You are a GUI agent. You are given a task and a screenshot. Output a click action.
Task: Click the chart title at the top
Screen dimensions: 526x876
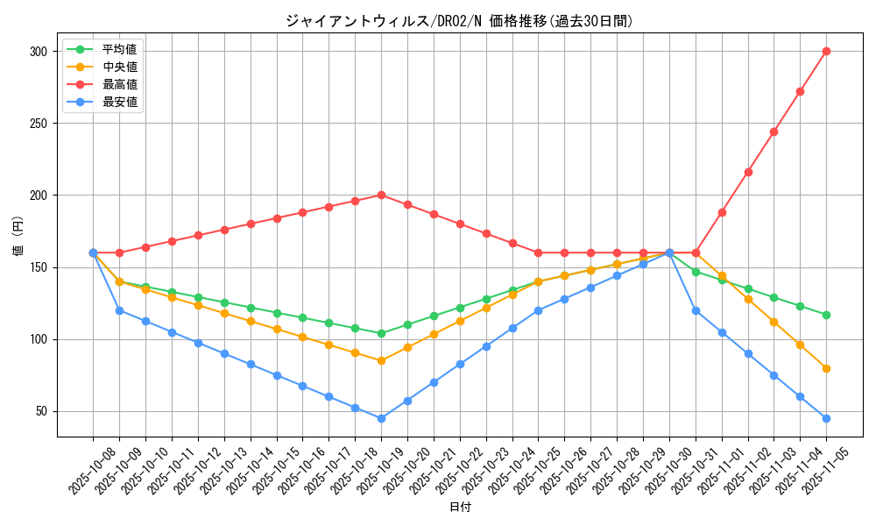click(459, 21)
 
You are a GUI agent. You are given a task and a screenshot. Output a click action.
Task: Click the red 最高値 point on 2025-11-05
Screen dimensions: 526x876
click(826, 51)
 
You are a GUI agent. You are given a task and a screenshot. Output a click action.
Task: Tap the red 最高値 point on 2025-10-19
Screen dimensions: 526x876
click(381, 195)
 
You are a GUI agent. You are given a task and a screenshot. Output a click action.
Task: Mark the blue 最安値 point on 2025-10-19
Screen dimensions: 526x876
click(381, 418)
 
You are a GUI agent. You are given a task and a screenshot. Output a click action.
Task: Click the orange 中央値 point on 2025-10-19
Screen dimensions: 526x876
click(381, 360)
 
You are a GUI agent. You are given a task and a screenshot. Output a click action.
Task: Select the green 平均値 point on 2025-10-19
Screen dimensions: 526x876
click(381, 333)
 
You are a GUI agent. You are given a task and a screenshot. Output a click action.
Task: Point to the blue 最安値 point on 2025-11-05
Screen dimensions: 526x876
click(826, 418)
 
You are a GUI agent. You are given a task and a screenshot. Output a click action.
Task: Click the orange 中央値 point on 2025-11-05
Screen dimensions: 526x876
click(826, 368)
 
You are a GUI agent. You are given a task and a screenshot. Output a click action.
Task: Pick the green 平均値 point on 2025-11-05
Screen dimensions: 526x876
click(826, 315)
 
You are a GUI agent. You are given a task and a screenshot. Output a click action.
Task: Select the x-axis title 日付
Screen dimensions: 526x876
click(459, 508)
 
